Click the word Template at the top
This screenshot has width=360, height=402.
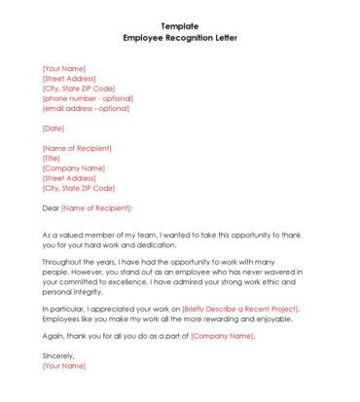click(180, 25)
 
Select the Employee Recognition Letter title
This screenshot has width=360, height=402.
click(180, 38)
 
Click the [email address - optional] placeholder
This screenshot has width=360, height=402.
click(86, 108)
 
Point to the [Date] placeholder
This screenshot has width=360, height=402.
click(54, 128)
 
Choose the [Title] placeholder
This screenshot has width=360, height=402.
click(52, 159)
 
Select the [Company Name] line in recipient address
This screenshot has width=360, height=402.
click(74, 168)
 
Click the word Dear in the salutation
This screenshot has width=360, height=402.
click(51, 208)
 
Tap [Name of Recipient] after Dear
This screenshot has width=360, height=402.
click(96, 208)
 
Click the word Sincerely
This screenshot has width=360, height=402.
click(59, 356)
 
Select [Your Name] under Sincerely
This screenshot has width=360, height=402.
click(64, 366)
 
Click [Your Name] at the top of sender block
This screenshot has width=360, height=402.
click(64, 68)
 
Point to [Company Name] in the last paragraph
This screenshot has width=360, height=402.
click(222, 336)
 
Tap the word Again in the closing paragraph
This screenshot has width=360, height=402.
click(54, 336)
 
